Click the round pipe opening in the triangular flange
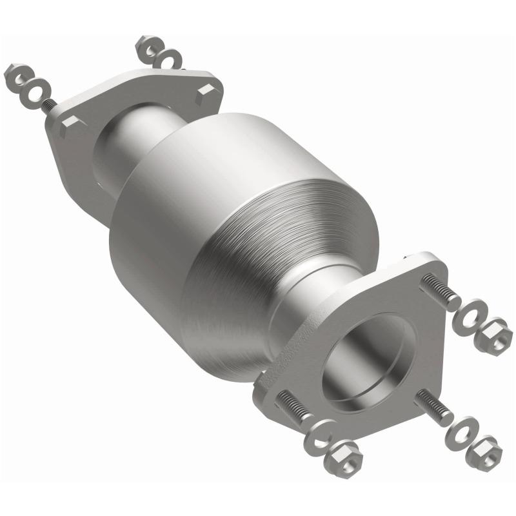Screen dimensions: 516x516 pyautogui.click(x=370, y=361)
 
